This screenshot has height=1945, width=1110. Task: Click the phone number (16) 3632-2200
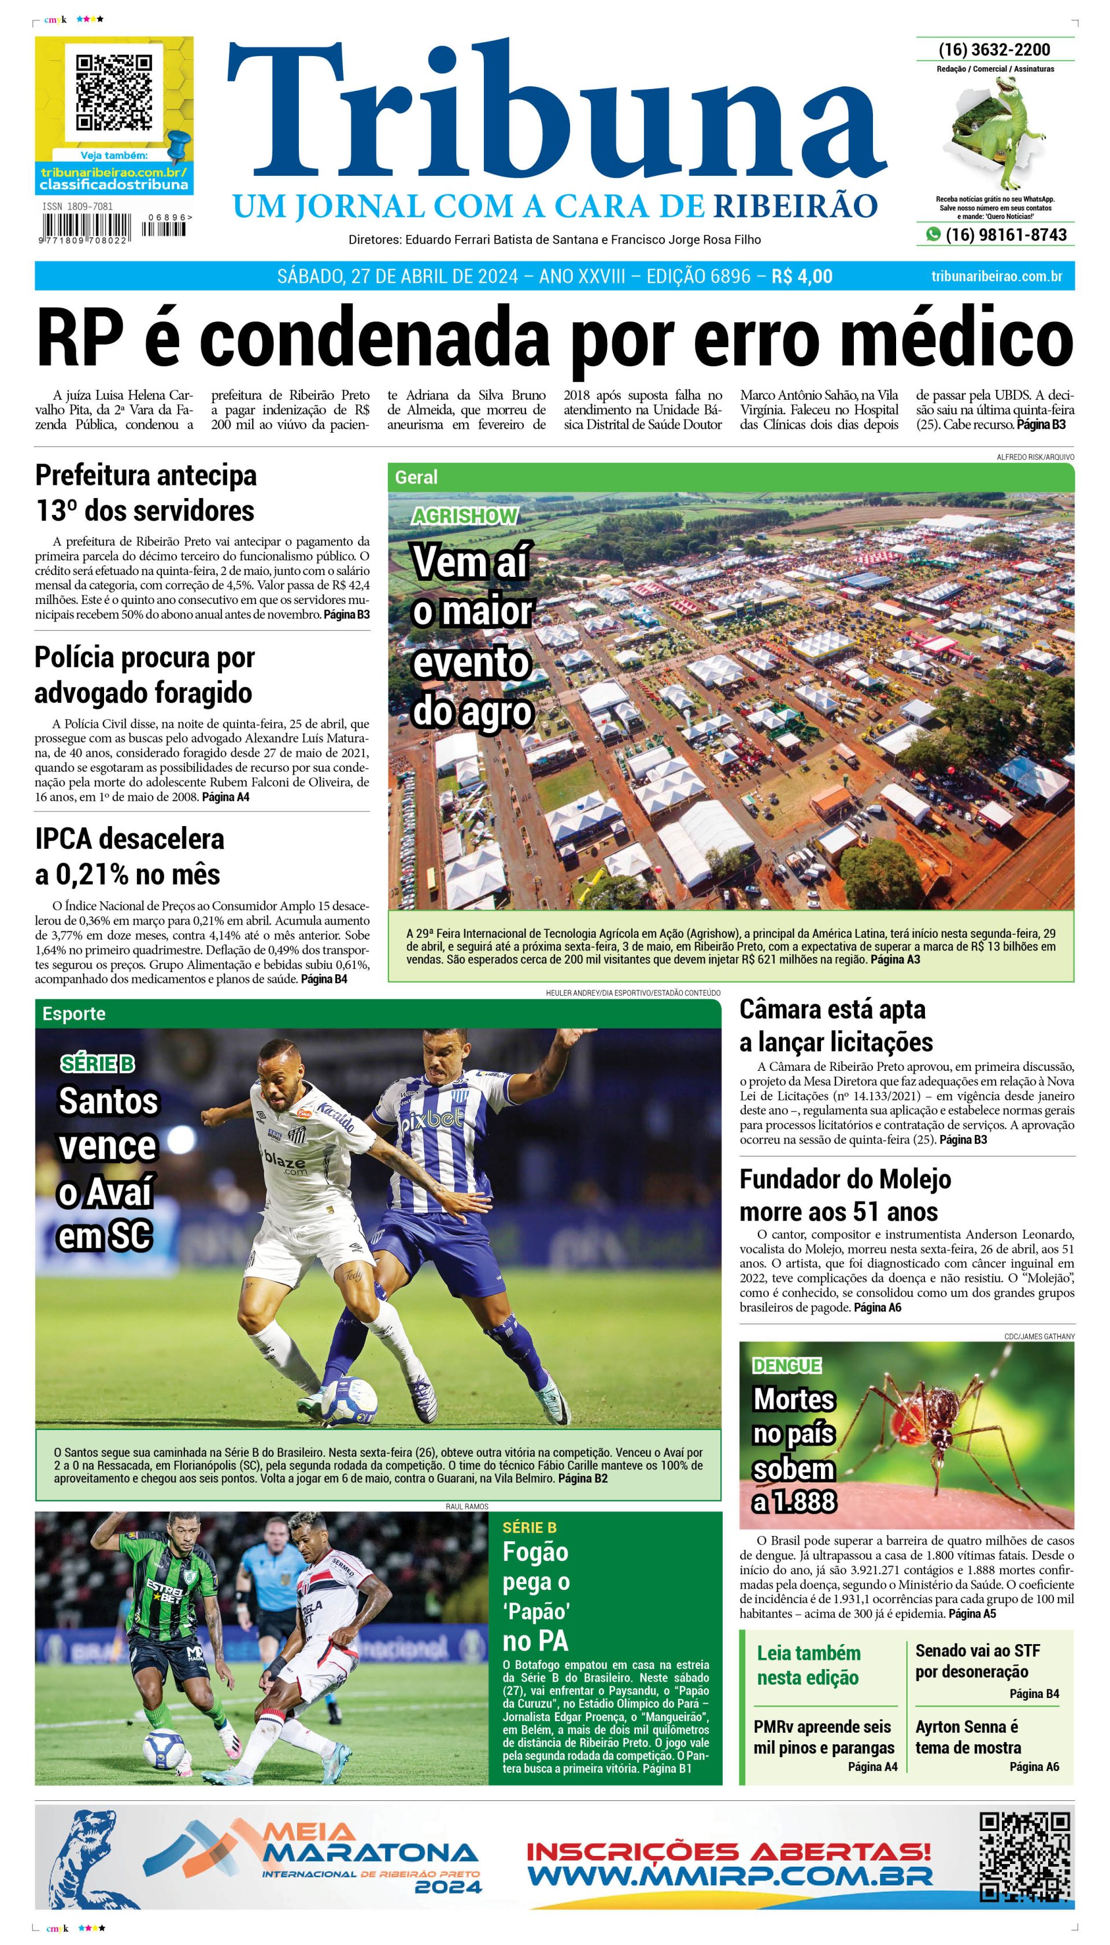click(x=994, y=50)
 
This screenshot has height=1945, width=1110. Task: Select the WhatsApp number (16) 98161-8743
click(x=1005, y=235)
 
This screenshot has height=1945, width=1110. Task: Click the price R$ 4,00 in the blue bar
click(x=801, y=276)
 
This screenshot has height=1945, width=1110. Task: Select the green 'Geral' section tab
click(x=416, y=477)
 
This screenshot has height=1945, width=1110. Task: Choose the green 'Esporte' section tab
click(x=74, y=1014)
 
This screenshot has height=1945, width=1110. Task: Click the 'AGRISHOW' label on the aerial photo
click(x=464, y=517)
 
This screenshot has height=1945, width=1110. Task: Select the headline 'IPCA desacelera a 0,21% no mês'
click(x=129, y=857)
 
